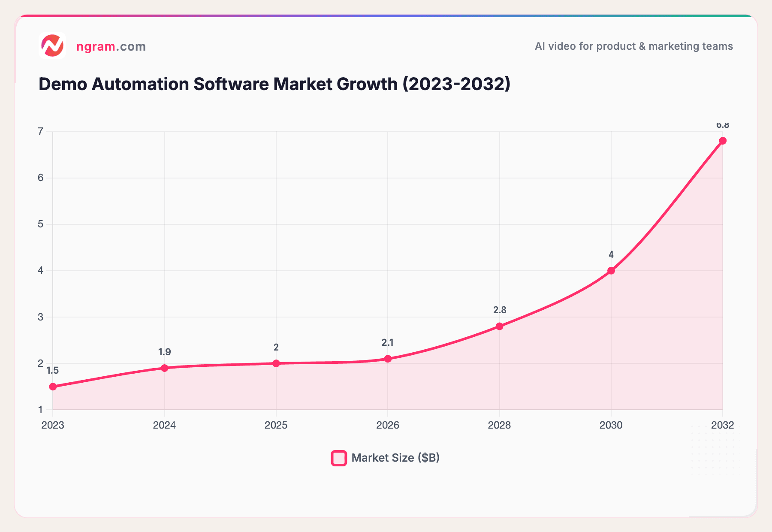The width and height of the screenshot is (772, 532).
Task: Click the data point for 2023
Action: [53, 387]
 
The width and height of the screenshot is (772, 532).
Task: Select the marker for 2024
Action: [165, 368]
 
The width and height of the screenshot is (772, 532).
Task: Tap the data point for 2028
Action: [499, 326]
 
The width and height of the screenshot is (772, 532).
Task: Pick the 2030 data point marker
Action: [611, 271]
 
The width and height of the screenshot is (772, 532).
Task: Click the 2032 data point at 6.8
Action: [723, 141]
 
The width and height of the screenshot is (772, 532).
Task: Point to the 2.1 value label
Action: [387, 342]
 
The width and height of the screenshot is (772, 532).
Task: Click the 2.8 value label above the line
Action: [500, 310]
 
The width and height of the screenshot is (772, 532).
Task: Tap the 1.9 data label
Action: [164, 352]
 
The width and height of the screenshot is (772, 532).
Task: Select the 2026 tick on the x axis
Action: [387, 425]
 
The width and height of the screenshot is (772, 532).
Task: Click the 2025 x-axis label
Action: [276, 425]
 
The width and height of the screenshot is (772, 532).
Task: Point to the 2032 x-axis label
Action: [722, 425]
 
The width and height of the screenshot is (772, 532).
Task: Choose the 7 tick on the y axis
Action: [41, 131]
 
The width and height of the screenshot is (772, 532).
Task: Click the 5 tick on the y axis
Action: [41, 224]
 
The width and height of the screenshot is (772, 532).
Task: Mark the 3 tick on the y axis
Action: [41, 317]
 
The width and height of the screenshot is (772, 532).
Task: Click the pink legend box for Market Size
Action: [339, 458]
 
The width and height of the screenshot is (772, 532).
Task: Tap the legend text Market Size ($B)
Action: [395, 458]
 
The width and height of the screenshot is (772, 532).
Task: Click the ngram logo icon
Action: [52, 45]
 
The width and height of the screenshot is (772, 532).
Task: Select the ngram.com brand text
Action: [111, 46]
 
